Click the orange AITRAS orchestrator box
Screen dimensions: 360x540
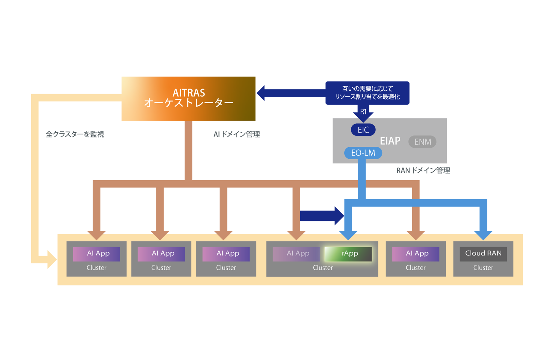coord(188,98)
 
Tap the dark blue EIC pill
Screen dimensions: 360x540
coord(363,130)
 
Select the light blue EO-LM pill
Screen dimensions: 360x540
coord(363,153)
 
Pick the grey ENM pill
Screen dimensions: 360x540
coord(422,142)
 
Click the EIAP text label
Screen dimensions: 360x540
coord(390,141)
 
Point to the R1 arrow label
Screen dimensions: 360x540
coord(363,112)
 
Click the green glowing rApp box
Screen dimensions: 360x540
coord(348,254)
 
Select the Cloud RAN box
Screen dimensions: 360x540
coord(483,254)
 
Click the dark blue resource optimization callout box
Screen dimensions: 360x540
coord(367,93)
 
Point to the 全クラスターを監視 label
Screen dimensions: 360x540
coord(75,134)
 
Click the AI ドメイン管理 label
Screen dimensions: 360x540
coord(237,134)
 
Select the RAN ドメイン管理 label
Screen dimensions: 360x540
coord(423,171)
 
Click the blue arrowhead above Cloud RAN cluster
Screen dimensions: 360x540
coord(483,235)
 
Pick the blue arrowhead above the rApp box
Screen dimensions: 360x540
coord(348,235)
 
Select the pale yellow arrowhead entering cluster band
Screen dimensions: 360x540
coord(52,259)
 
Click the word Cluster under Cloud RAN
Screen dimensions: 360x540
coord(483,268)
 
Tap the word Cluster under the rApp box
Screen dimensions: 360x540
coord(323,268)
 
